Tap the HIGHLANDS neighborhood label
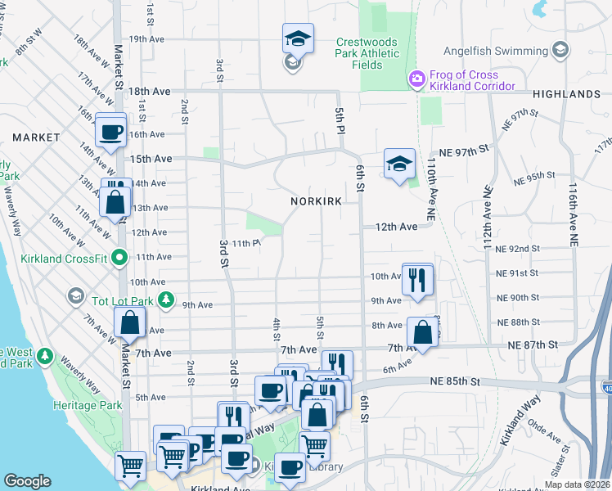(566, 94)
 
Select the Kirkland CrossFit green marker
(119, 258)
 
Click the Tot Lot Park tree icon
(166, 300)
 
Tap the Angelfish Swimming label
(496, 51)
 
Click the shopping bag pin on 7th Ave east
(422, 333)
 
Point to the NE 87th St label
(529, 345)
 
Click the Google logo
(27, 480)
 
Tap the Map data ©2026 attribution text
(579, 484)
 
